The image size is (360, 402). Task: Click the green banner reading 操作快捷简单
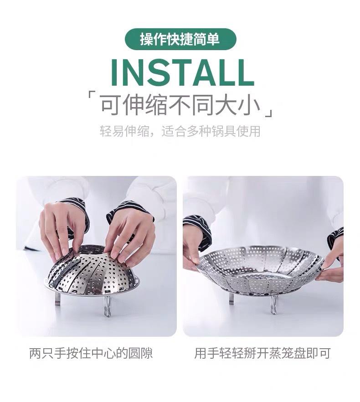pos(180,39)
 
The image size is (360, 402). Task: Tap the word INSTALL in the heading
pos(182,73)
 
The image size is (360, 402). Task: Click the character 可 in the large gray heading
pos(111,104)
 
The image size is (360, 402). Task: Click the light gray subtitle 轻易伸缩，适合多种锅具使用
pos(180,131)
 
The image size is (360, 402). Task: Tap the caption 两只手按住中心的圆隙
pos(91,353)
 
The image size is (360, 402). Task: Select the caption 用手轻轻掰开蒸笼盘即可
pos(262,353)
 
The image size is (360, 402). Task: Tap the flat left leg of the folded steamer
pos(58,299)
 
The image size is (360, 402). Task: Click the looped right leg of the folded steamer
pos(108,306)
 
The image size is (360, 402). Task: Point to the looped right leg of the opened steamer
pos(273,304)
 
